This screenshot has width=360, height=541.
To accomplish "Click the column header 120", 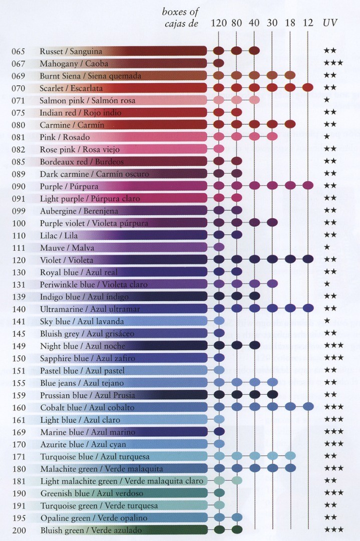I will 219,23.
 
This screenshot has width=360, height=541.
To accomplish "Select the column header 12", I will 308,23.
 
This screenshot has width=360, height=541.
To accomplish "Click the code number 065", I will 18,51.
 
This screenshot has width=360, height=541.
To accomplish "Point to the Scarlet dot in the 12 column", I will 308,88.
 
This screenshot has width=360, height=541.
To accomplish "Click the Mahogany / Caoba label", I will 74,64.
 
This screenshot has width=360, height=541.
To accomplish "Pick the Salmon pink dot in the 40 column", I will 254,100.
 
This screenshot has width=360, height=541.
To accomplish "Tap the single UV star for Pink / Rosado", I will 326,137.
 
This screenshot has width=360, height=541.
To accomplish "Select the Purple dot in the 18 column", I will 290,186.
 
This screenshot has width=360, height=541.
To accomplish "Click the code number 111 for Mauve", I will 18,248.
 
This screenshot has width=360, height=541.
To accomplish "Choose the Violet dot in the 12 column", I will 308,259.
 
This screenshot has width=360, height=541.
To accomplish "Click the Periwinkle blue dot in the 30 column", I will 272,284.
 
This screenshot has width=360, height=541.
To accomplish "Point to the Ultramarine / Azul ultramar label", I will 90,309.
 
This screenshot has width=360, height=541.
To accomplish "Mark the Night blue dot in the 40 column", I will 254,345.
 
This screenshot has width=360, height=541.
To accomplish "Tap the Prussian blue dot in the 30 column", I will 272,394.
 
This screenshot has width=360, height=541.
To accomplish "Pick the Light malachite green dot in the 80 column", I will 237,480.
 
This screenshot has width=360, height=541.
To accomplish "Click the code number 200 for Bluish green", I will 18,530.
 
